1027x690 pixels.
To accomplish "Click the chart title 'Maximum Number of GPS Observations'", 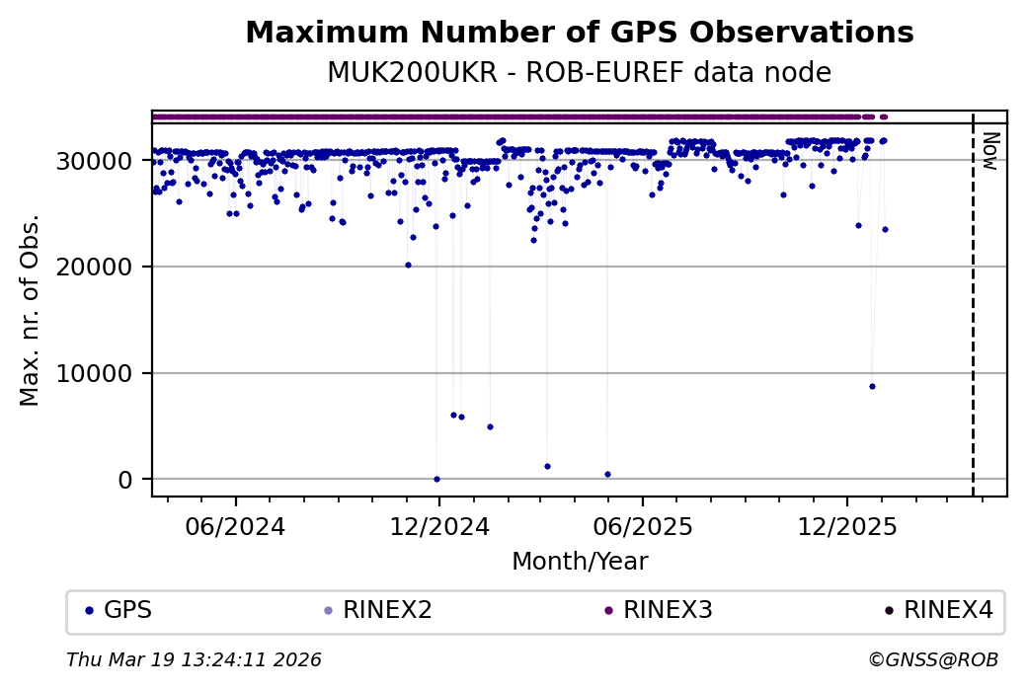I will point(579,34).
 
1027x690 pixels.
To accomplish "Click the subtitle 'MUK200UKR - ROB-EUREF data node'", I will point(579,73).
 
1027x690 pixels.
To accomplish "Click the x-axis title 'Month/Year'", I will point(580,563).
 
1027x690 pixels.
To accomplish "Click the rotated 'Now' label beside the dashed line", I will point(991,150).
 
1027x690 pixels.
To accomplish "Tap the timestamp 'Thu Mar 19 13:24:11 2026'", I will point(194,659).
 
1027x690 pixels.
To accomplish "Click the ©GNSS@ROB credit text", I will point(933,659).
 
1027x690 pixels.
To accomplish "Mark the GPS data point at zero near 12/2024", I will point(436,479).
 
